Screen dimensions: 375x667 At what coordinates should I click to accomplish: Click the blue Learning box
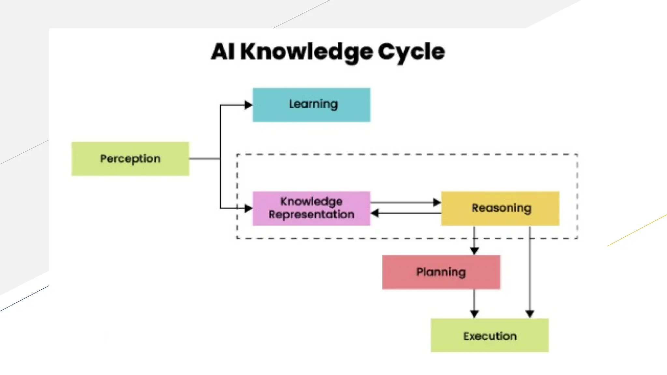pyautogui.click(x=311, y=105)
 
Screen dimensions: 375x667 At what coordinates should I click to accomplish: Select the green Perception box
pyautogui.click(x=130, y=159)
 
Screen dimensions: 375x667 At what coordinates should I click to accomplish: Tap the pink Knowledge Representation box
pyautogui.click(x=311, y=208)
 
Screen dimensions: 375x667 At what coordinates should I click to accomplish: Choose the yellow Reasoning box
pyautogui.click(x=500, y=208)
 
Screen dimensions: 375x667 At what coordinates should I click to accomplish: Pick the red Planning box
pyautogui.click(x=441, y=272)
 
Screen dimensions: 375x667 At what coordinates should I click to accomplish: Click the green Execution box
pyautogui.click(x=490, y=335)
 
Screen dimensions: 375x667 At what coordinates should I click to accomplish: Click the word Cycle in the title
pyautogui.click(x=411, y=52)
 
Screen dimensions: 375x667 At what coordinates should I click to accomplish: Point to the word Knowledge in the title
pyautogui.click(x=306, y=52)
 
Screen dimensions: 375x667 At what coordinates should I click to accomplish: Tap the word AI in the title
pyautogui.click(x=223, y=52)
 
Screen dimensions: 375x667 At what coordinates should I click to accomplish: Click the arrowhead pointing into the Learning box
pyautogui.click(x=248, y=105)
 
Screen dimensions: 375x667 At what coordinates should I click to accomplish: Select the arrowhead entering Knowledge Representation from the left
pyautogui.click(x=248, y=208)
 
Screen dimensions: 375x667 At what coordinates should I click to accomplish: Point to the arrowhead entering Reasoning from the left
pyautogui.click(x=437, y=202)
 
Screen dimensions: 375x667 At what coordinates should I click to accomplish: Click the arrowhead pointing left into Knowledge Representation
pyautogui.click(x=375, y=213)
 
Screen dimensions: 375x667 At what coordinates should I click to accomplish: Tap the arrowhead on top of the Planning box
pyautogui.click(x=474, y=251)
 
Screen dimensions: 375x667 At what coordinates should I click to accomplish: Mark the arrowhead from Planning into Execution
pyautogui.click(x=474, y=314)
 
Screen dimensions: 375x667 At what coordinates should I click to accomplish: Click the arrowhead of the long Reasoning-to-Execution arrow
pyautogui.click(x=530, y=314)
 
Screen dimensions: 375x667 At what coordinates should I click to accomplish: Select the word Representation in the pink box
pyautogui.click(x=311, y=215)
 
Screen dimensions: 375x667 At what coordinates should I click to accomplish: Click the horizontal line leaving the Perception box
pyautogui.click(x=205, y=159)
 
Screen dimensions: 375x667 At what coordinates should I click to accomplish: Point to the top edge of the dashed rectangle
pyautogui.click(x=407, y=154)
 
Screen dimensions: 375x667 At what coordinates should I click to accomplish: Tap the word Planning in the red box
pyautogui.click(x=441, y=272)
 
